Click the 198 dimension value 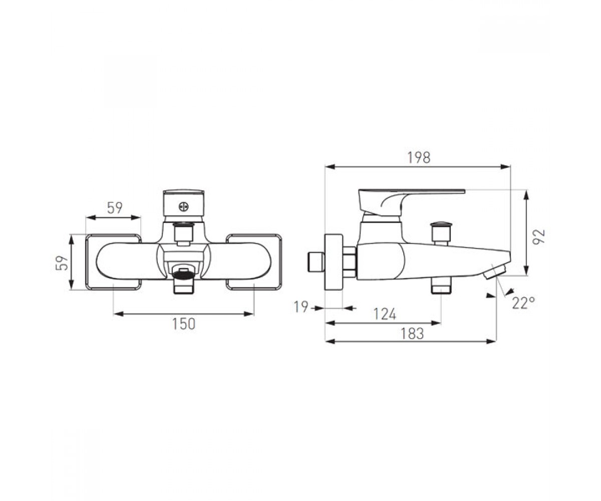pos(419,158)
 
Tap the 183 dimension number pos(412,334)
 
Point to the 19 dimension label pos(301,307)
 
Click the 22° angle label pos(523,303)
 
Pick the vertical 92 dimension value pos(538,236)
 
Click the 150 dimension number pos(184,324)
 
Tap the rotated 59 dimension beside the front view pos(62,263)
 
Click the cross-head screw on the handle pos(183,207)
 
